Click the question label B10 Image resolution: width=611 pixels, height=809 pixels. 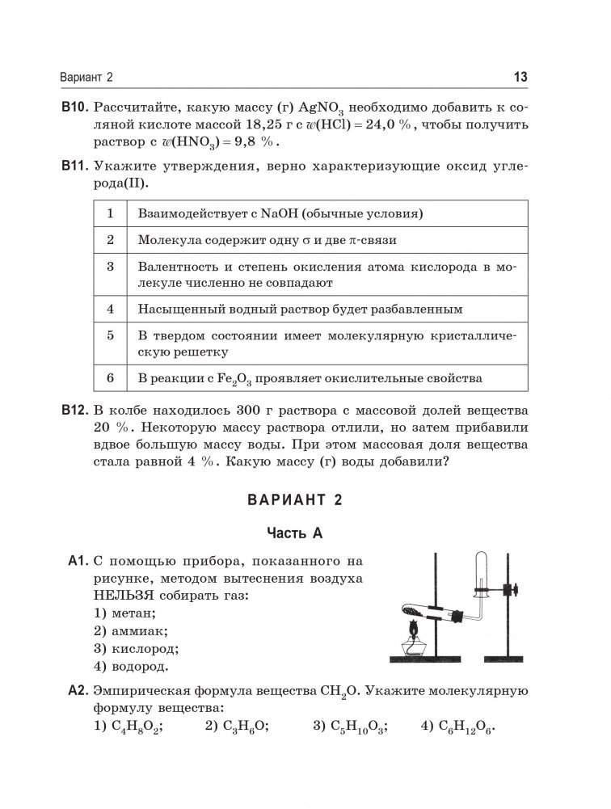pos(74,107)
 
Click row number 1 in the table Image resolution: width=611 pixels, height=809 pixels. pos(109,214)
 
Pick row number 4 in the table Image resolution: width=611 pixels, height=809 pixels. pos(109,309)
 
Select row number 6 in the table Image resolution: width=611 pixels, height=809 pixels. pos(109,377)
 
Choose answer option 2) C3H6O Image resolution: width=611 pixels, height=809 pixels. pos(237,726)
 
